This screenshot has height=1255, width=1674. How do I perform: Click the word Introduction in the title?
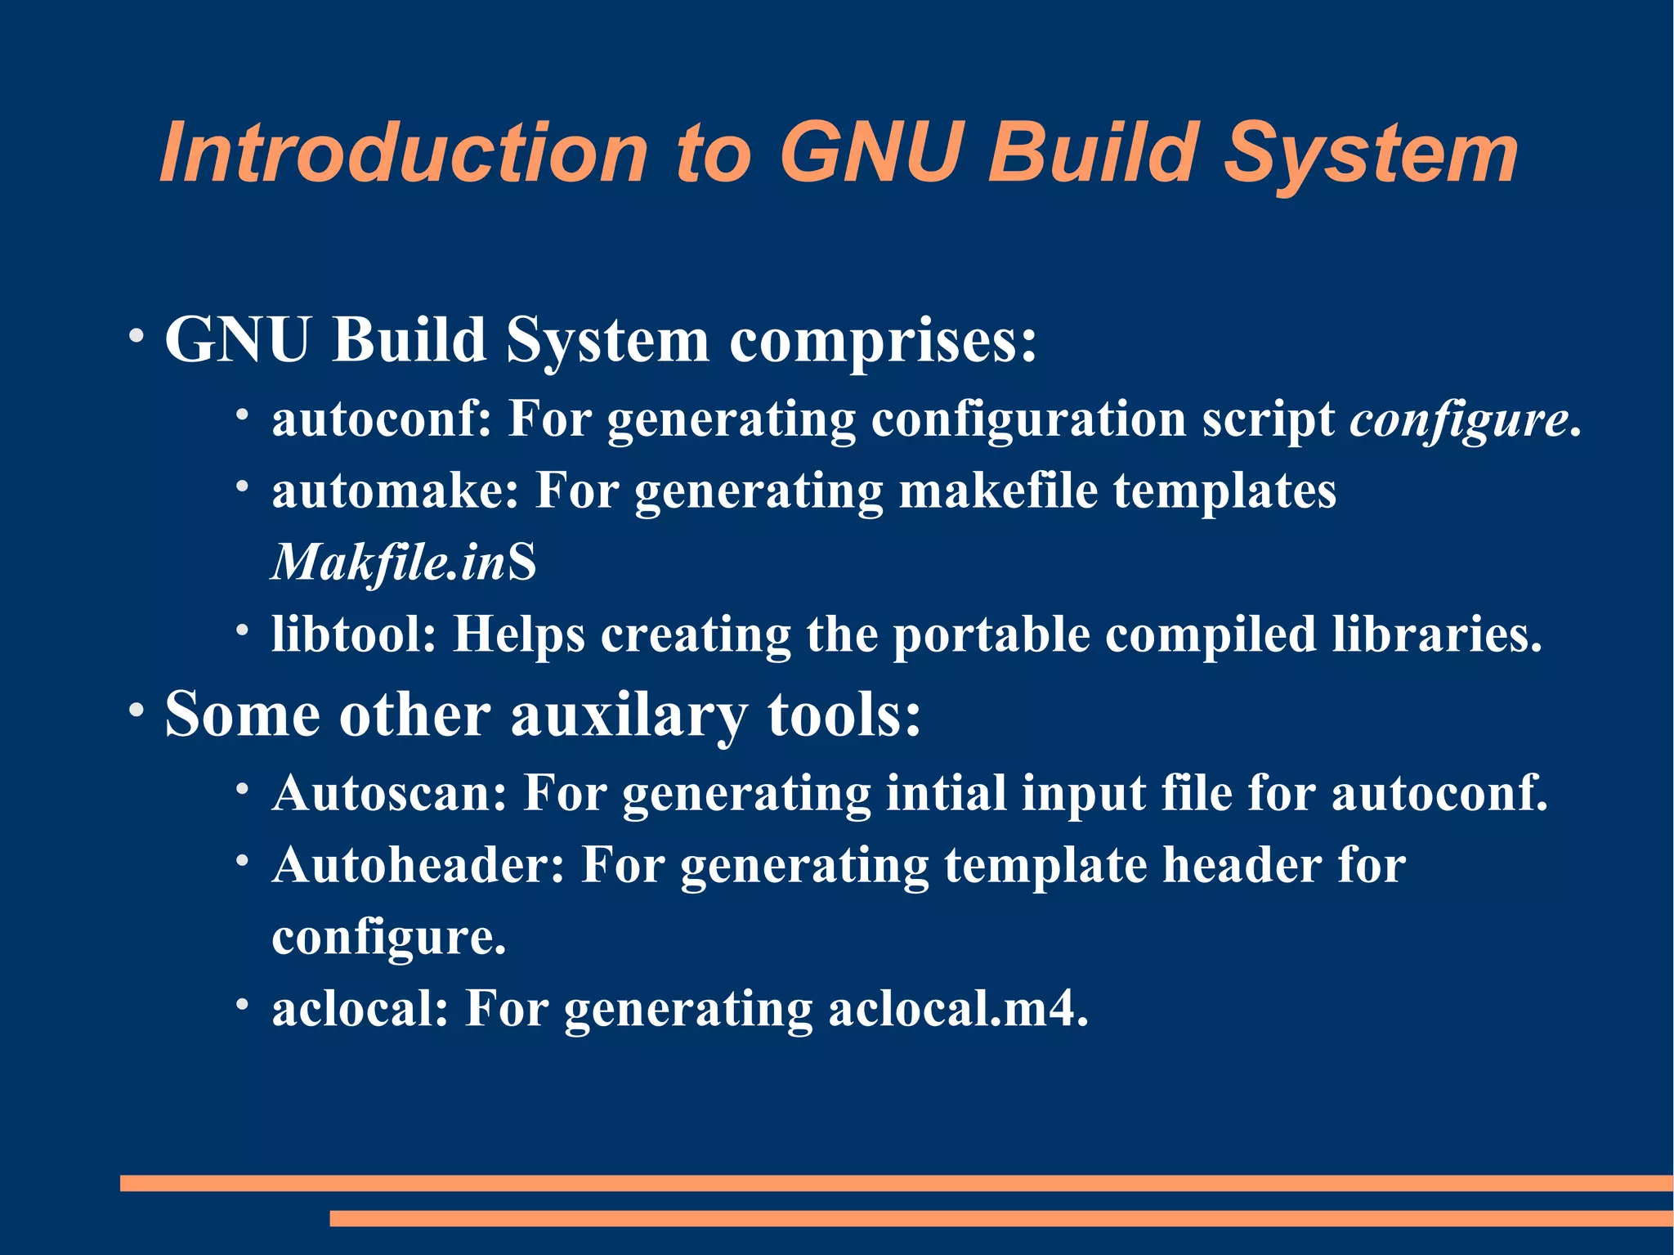(x=404, y=153)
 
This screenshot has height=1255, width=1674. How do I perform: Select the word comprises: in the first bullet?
(x=883, y=340)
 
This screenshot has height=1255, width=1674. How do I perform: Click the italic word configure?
(x=1459, y=420)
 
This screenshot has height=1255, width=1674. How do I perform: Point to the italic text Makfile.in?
(x=389, y=563)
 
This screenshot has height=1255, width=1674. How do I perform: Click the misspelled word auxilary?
(x=628, y=715)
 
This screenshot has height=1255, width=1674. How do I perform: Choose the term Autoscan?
(x=390, y=793)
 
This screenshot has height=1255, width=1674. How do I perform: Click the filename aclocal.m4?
(x=958, y=1009)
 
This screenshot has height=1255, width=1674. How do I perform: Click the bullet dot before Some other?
(x=136, y=709)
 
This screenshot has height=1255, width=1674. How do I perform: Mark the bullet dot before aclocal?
(x=242, y=1004)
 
